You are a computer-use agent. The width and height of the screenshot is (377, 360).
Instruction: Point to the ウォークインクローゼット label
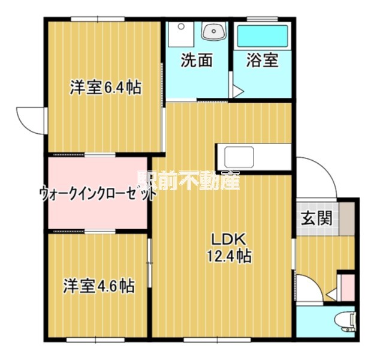tap(98, 194)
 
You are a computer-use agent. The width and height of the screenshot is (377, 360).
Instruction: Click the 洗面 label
tap(197, 61)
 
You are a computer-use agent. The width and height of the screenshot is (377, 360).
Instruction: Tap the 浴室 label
tap(263, 61)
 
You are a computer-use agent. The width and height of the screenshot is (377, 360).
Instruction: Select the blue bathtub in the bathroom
tap(263, 36)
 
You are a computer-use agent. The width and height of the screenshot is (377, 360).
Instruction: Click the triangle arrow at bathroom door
tap(238, 92)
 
